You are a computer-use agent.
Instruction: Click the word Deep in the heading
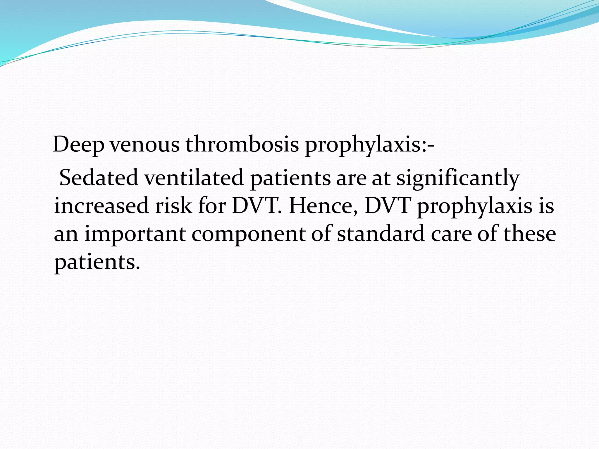(78, 144)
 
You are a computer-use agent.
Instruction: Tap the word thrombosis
(242, 144)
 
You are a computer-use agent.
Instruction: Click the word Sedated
(99, 178)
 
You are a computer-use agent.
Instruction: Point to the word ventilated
(194, 178)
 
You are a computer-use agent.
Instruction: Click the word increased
(101, 205)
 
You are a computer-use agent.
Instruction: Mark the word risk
(173, 205)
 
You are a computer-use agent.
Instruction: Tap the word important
(135, 234)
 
